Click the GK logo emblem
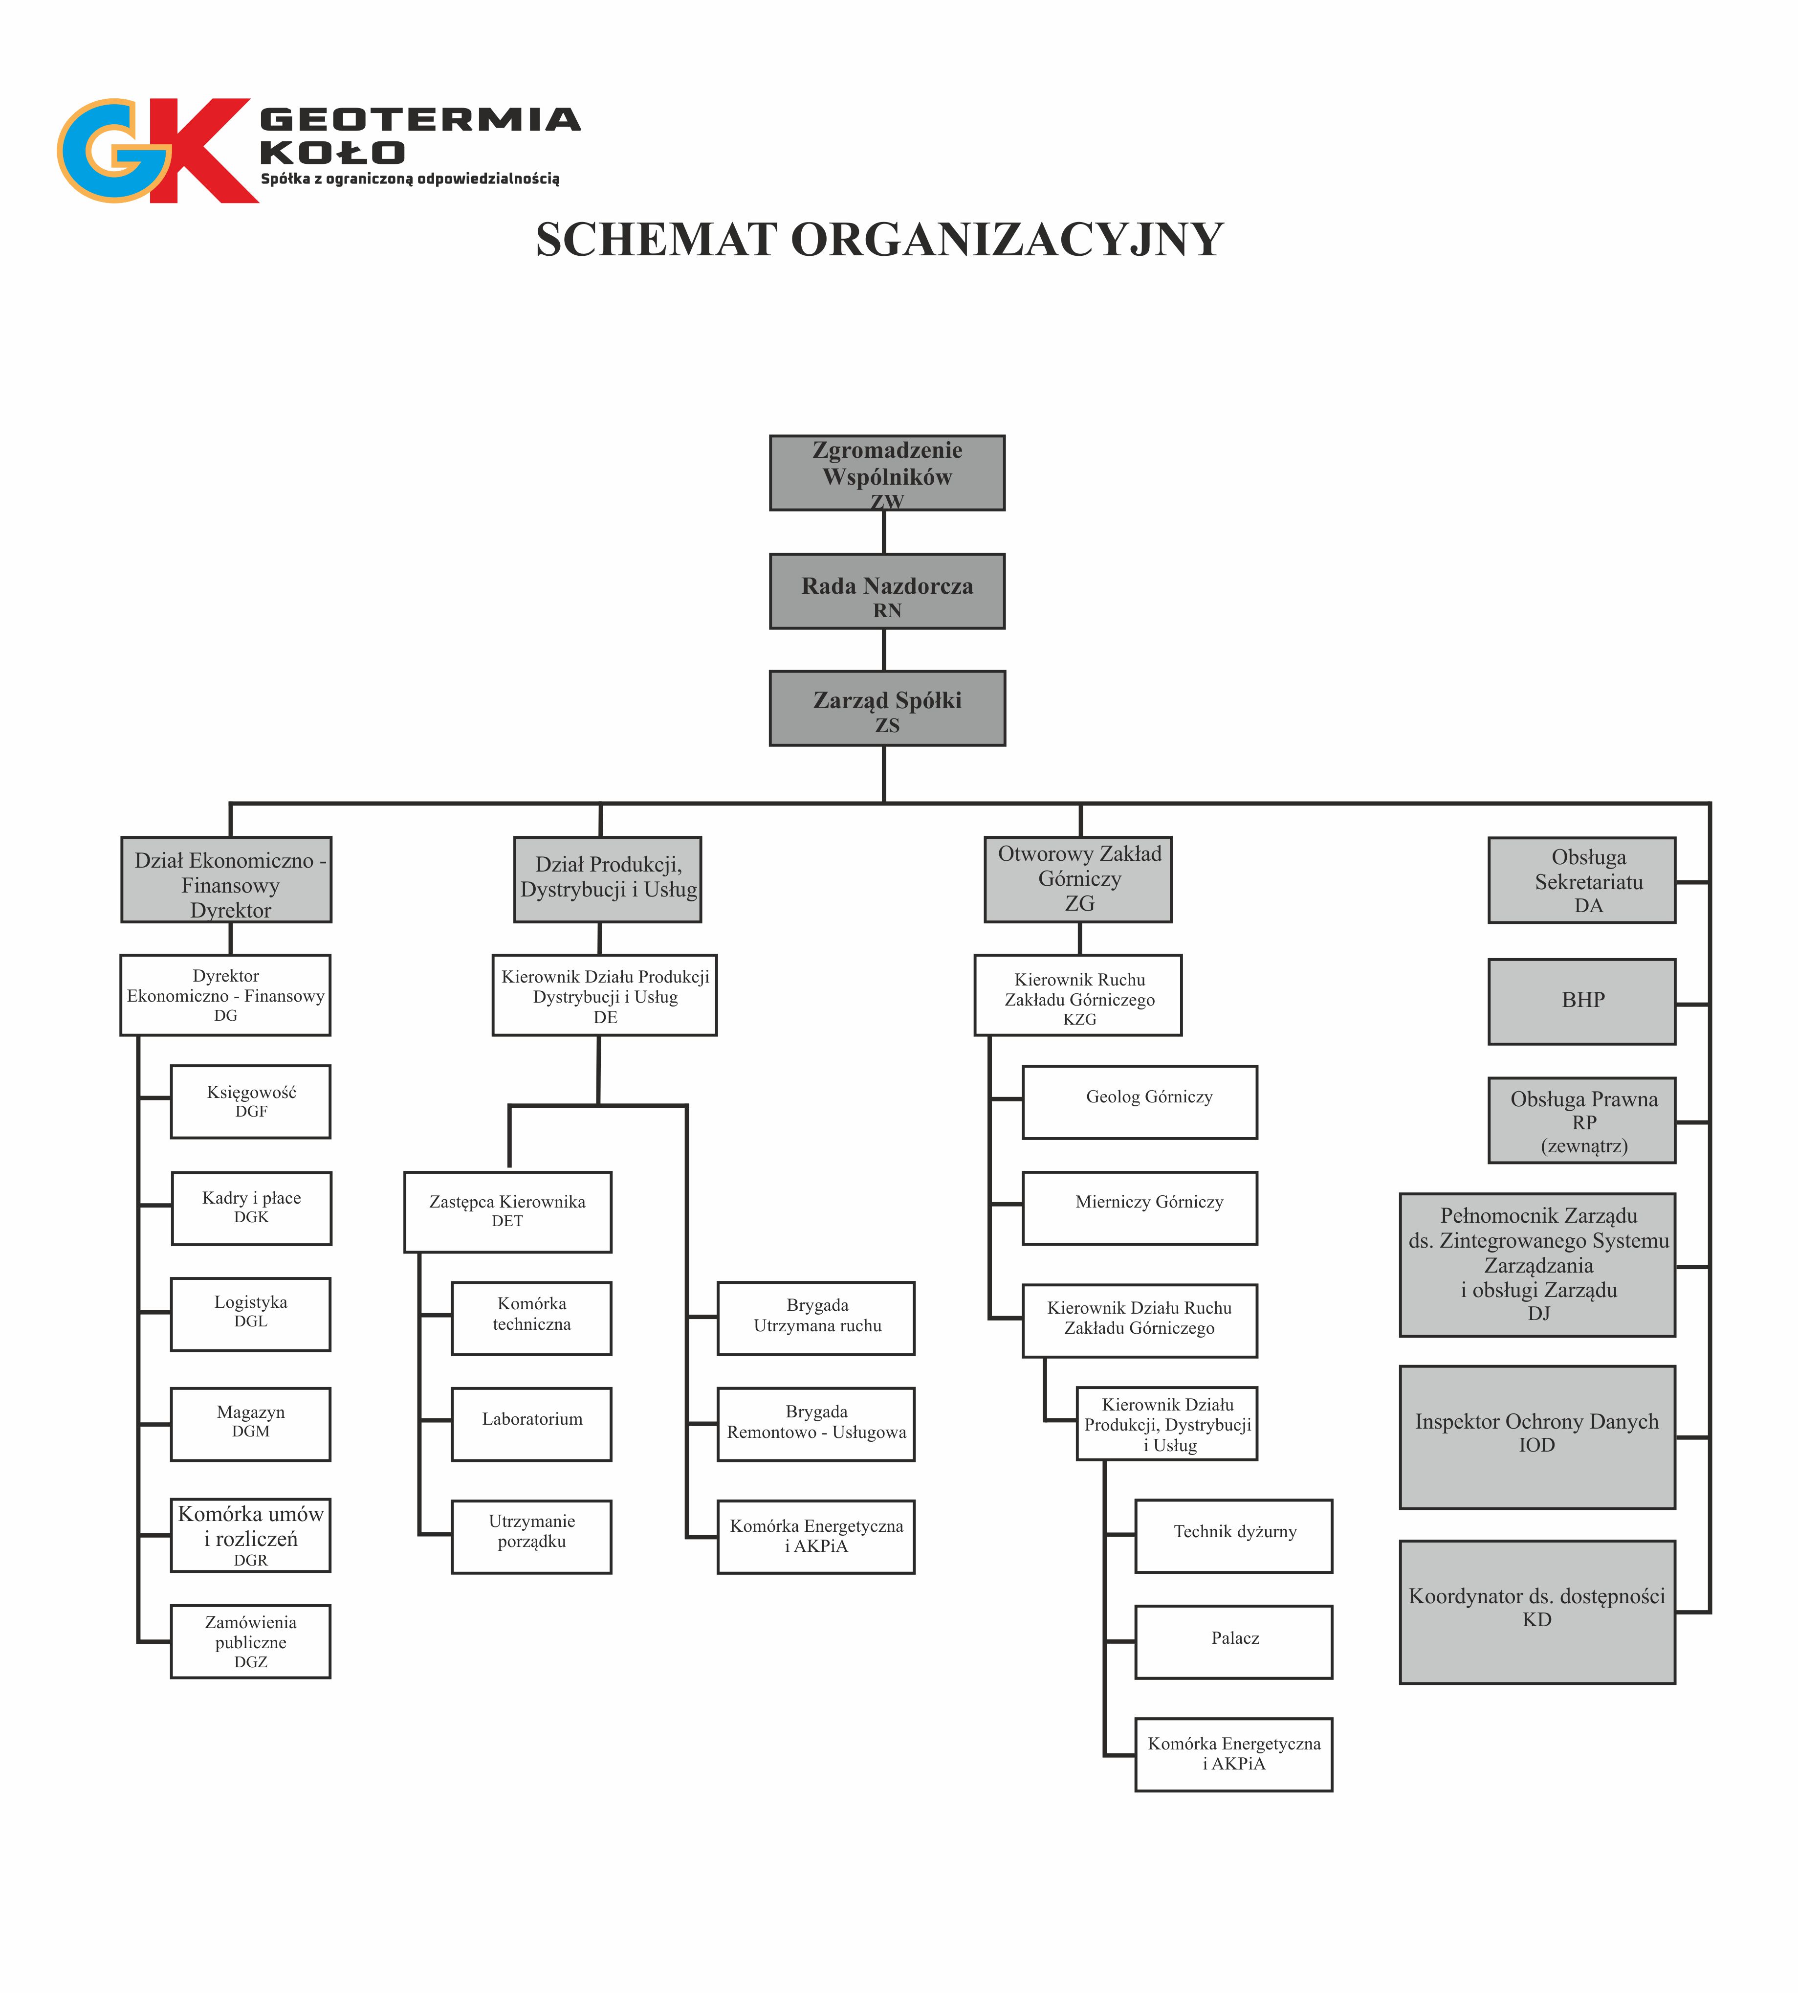pyautogui.click(x=158, y=150)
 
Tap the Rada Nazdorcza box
pyautogui.click(x=887, y=591)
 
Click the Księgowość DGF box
pyautogui.click(x=251, y=1102)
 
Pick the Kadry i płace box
pyautogui.click(x=252, y=1209)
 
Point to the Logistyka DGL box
pyautogui.click(x=251, y=1314)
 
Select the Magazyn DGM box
pyautogui.click(x=251, y=1424)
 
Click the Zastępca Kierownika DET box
pyautogui.click(x=508, y=1212)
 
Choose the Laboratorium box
pyautogui.click(x=531, y=1424)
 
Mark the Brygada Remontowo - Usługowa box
pyautogui.click(x=816, y=1424)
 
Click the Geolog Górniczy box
pyautogui.click(x=1140, y=1102)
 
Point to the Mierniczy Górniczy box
pyautogui.click(x=1140, y=1209)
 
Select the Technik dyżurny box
pyautogui.click(x=1234, y=1536)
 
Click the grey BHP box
pyautogui.click(x=1581, y=1001)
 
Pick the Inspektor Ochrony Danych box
pyautogui.click(x=1537, y=1437)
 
